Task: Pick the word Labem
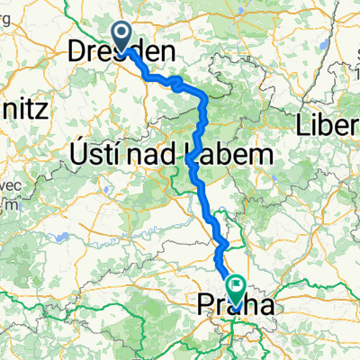point(228,155)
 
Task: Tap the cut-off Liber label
point(328,127)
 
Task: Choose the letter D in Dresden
point(77,54)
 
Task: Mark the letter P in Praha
point(202,307)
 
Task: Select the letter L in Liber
point(304,127)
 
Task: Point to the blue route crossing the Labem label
point(192,155)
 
